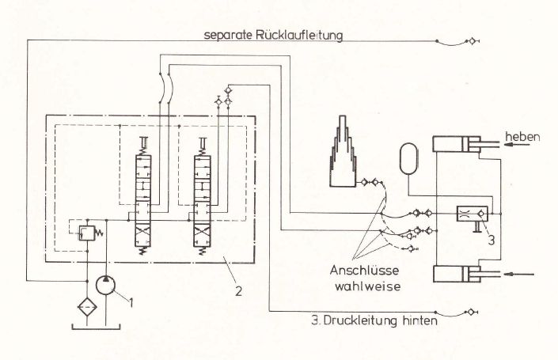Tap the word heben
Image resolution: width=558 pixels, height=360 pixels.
(x=524, y=137)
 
